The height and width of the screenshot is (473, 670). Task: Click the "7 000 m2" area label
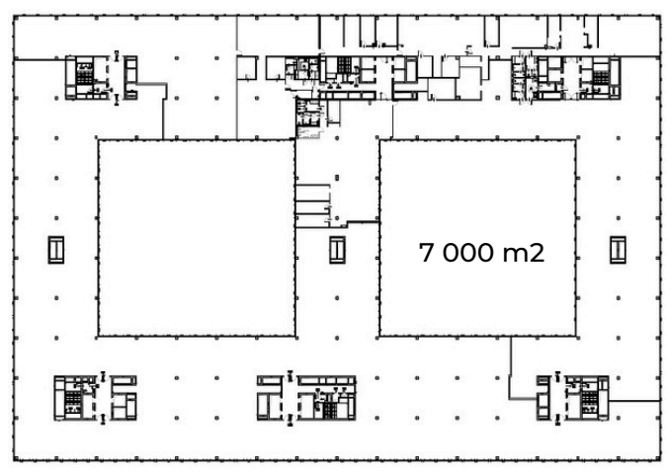pyautogui.click(x=481, y=252)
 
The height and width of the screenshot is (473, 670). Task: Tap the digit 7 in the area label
pyautogui.click(x=426, y=252)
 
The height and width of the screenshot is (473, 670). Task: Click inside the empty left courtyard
pyautogui.click(x=197, y=238)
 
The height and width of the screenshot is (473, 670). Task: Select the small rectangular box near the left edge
pyautogui.click(x=56, y=250)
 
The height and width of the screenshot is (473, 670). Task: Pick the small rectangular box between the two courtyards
pyautogui.click(x=337, y=250)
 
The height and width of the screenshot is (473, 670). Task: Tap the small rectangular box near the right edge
pyautogui.click(x=618, y=250)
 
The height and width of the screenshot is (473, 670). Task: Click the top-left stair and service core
pyautogui.click(x=101, y=78)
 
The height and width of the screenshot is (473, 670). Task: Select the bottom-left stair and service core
pyautogui.click(x=95, y=398)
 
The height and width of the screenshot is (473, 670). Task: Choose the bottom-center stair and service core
pyautogui.click(x=306, y=398)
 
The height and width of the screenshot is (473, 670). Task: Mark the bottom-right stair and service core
pyautogui.click(x=572, y=398)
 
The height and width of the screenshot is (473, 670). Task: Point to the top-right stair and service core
pyautogui.click(x=566, y=78)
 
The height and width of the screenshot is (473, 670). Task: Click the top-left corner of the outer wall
pyautogui.click(x=14, y=16)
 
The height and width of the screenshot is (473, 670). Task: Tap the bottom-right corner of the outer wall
pyautogui.click(x=660, y=461)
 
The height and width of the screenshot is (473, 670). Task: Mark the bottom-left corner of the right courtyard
pyautogui.click(x=379, y=337)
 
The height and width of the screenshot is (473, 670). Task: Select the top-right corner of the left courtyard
pyautogui.click(x=295, y=139)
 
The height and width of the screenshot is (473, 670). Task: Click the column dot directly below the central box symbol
pyautogui.click(x=337, y=298)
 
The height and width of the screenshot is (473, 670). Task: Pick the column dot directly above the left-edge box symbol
pyautogui.click(x=56, y=218)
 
